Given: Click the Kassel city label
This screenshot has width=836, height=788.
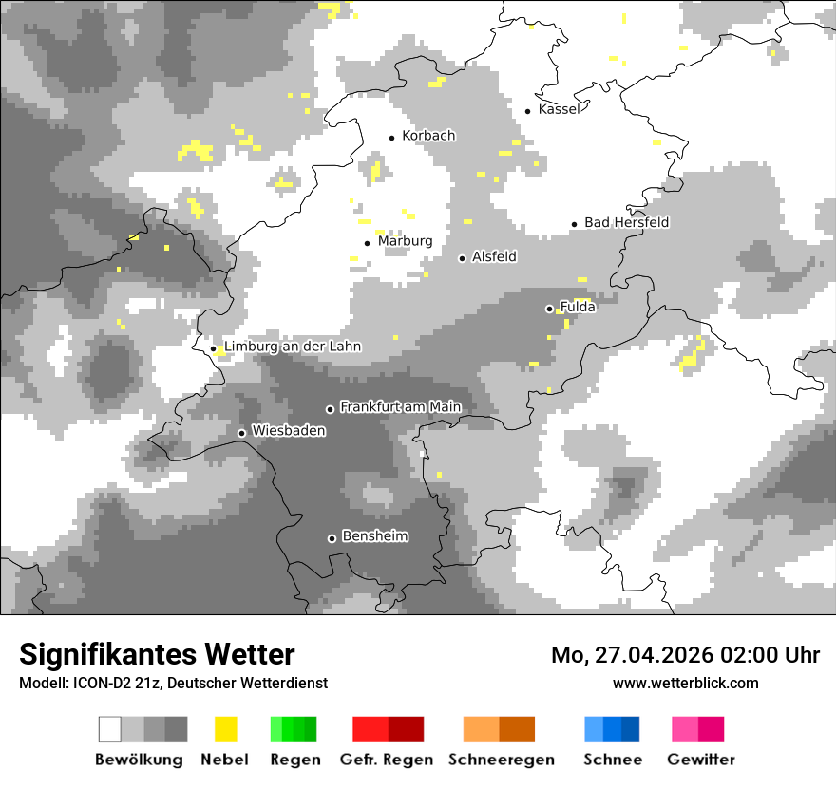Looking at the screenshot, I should coord(559,109).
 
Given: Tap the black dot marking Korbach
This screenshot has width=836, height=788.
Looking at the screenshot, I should coord(391,138).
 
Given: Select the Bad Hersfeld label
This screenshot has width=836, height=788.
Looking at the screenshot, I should coord(626,222).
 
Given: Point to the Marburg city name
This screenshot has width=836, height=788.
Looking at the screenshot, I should coord(405,241).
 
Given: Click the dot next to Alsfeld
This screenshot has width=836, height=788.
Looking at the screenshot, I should coord(462,258).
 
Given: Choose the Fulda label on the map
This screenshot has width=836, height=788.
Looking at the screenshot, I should coord(578,307).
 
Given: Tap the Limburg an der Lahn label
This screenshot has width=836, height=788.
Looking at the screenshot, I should coord(293,347).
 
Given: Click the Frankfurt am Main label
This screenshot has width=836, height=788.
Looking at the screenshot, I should coord(400,407).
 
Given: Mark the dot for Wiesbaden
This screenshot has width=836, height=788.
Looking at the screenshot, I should coord(242,433).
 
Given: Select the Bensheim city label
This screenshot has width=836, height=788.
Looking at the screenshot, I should coord(374,536).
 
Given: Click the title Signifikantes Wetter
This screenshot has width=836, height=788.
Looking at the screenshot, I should coord(157,654).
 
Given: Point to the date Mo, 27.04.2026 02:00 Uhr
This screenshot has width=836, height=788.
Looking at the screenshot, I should coord(685,655).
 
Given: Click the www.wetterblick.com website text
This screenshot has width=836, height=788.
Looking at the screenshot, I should coord(685,683).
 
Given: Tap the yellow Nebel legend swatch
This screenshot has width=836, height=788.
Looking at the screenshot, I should coord(225,729).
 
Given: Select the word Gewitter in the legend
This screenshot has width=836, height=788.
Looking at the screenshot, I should coord(700,760).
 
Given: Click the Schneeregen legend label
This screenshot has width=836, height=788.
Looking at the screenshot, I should coord(502,760).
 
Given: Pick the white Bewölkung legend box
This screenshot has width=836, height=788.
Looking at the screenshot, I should coord(110,729).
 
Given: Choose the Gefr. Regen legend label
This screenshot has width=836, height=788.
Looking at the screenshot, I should coord(387,760).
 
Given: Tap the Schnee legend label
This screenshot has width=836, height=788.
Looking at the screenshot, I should coord(613,760).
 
